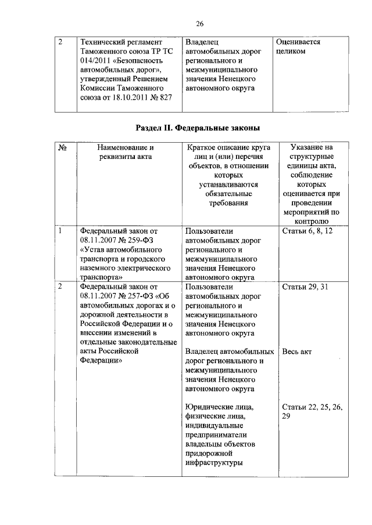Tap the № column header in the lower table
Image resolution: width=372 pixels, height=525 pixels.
tap(63, 148)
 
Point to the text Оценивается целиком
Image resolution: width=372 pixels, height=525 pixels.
tap(298, 47)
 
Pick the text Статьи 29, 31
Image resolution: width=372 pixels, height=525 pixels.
tap(305, 287)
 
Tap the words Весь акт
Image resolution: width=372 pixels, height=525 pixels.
tap(299, 352)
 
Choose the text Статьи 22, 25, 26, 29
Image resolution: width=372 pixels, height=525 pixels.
tap(311, 411)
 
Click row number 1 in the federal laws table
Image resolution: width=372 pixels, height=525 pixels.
tap(60, 231)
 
